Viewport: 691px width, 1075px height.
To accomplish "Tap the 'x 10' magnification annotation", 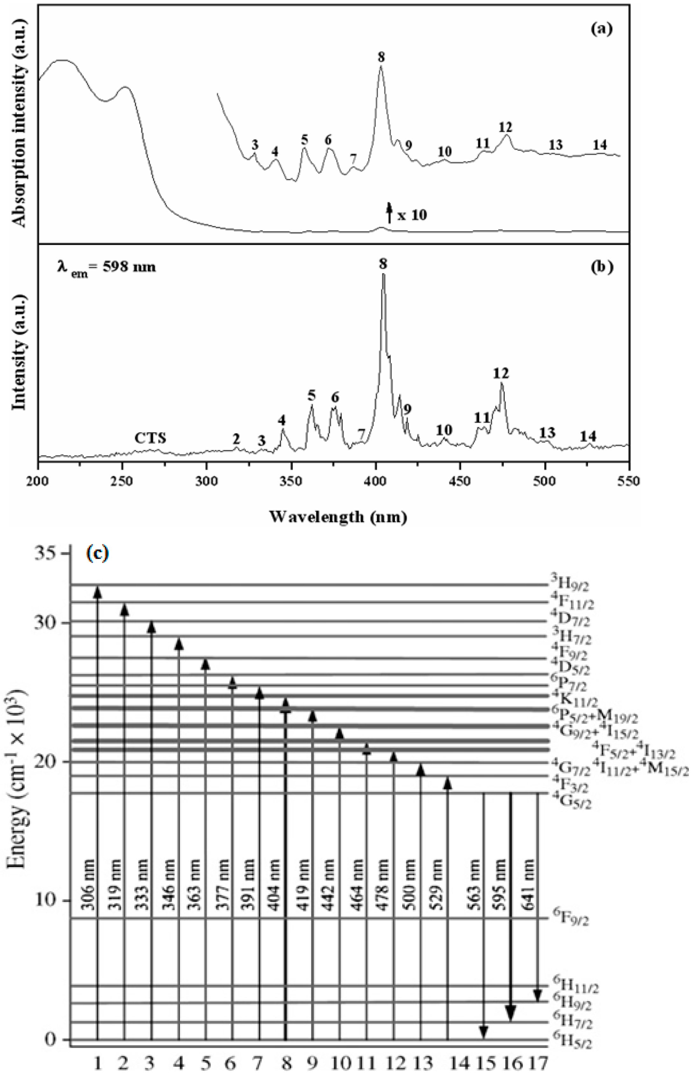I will point(412,215).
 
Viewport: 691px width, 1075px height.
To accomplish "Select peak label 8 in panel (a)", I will point(381,57).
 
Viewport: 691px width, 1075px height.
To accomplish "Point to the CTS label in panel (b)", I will point(150,438).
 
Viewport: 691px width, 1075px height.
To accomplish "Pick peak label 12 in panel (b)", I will point(501,373).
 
